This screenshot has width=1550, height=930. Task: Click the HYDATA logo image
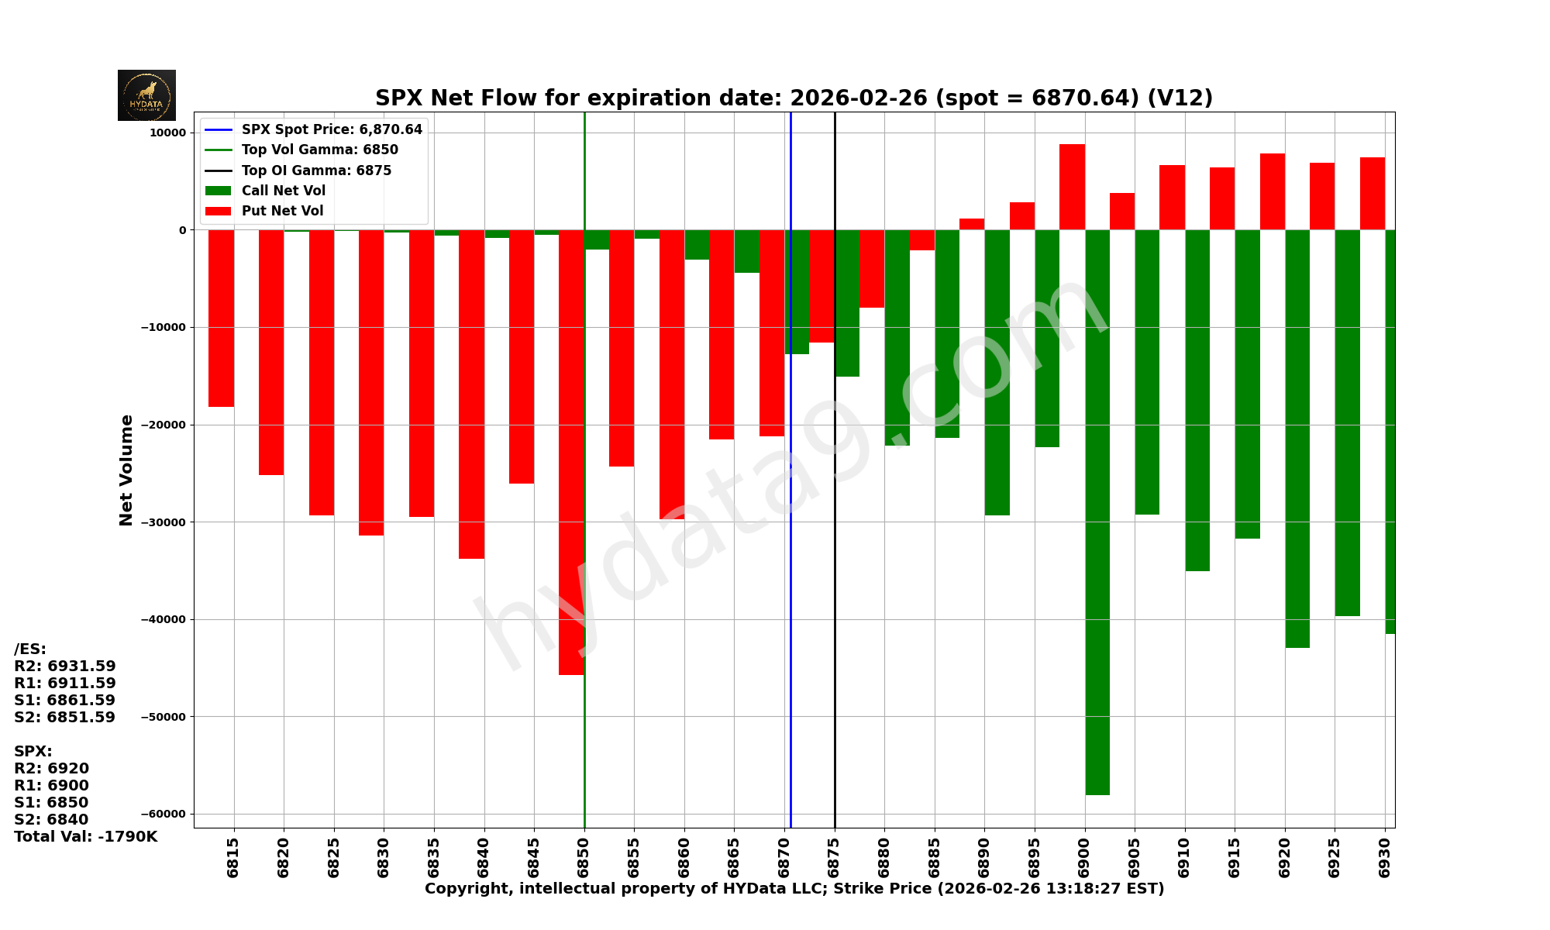click(146, 95)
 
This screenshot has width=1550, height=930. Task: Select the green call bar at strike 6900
click(1097, 511)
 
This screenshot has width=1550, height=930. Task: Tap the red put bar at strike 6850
click(571, 452)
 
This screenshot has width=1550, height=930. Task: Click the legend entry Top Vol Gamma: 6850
click(319, 150)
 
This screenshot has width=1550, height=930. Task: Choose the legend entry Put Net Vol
click(282, 211)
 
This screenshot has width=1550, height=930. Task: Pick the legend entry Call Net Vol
click(283, 191)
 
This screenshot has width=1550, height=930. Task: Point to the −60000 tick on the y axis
click(164, 814)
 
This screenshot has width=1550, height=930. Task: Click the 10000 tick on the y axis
click(168, 133)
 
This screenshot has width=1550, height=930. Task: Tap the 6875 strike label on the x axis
click(835, 857)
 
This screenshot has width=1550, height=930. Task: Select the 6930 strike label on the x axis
click(1385, 857)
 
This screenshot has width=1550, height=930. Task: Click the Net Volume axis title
click(126, 470)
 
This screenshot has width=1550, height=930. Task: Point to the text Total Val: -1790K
click(85, 837)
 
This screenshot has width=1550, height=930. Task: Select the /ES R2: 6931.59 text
click(65, 666)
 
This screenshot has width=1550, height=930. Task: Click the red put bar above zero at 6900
click(1072, 187)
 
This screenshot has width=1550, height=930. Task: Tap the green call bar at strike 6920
click(1297, 438)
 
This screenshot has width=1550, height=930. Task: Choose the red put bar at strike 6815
click(221, 318)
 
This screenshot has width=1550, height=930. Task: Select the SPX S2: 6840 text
click(51, 820)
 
